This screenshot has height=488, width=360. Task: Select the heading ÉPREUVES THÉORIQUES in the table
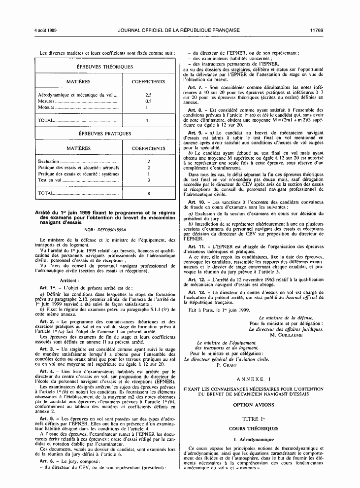pos(104,67)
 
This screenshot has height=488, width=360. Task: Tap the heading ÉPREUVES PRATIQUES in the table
pos(104,133)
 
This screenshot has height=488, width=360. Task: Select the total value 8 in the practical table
pos(148,193)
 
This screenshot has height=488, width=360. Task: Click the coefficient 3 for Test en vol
pos(148,180)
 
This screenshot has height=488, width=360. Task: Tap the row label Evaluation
pos(48,161)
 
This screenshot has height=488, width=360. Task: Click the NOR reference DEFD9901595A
pos(112,230)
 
